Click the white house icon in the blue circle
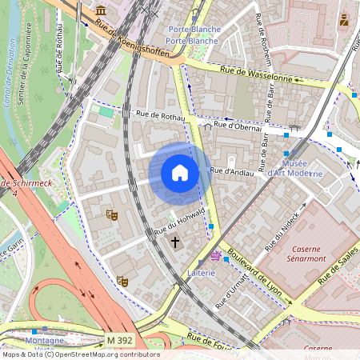pyautogui.click(x=179, y=173)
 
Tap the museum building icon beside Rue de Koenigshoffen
pyautogui.click(x=102, y=10)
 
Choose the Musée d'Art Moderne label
pyautogui.click(x=294, y=168)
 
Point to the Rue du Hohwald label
pyautogui.click(x=180, y=222)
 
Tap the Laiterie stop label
pyautogui.click(x=202, y=273)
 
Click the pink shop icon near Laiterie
pyautogui.click(x=215, y=256)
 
